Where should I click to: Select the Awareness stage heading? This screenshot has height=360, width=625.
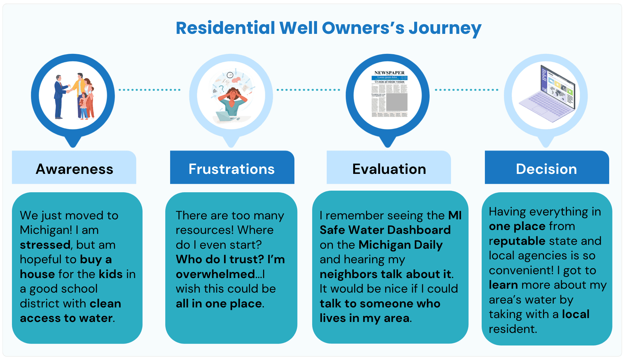click(74, 169)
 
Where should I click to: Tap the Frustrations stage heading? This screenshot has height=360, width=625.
click(231, 169)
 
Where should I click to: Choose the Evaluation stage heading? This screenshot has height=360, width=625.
click(389, 169)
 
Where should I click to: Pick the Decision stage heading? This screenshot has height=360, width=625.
click(546, 169)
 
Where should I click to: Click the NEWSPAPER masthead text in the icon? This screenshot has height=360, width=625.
click(389, 73)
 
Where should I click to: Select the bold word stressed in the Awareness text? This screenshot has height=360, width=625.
click(45, 245)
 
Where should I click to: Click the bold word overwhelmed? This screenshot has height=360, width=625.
click(215, 274)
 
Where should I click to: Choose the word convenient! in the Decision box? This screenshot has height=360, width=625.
click(521, 270)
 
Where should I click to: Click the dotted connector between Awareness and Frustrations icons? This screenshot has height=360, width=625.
click(149, 90)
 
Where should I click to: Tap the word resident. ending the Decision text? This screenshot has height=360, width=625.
click(513, 329)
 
